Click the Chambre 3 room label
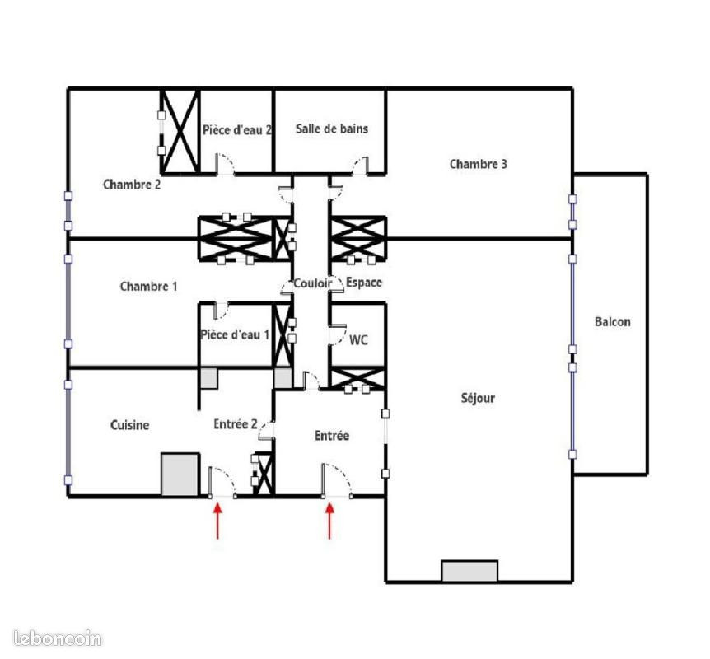coord(479,164)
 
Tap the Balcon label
coord(612,321)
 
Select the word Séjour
coord(478,398)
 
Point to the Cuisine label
coord(130,425)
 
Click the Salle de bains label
coord(332,129)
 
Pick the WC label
coord(358,339)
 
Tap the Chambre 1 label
coord(148,286)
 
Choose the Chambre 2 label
coord(132,185)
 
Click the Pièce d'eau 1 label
coord(235,334)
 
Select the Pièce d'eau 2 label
coord(237,130)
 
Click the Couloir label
coord(313,283)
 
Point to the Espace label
coord(364,283)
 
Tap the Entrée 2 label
coord(236,424)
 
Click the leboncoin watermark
coord(58,638)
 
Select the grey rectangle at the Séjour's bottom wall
coord(469,571)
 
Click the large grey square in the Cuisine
coord(180,474)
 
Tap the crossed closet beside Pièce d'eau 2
coord(180,131)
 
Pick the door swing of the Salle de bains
coord(361,166)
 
